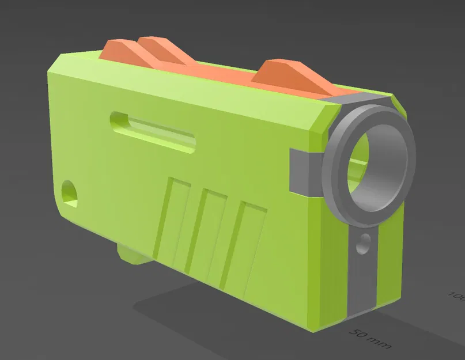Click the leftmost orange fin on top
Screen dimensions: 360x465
[118, 50]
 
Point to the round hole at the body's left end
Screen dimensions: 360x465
[69, 190]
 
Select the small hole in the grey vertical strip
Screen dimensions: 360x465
[364, 244]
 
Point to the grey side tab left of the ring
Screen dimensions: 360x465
[303, 170]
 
